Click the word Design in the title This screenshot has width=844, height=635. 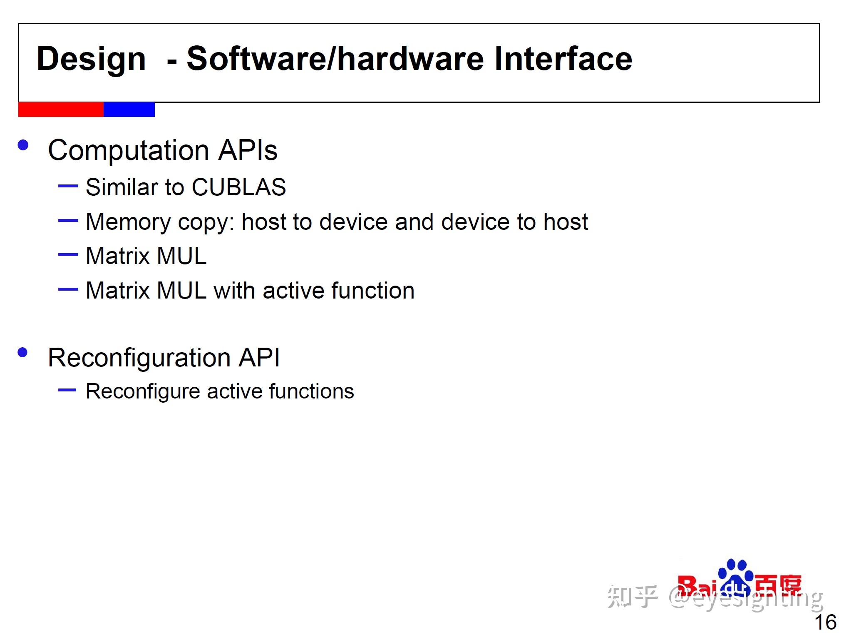click(91, 60)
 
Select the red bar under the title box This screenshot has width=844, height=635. click(61, 110)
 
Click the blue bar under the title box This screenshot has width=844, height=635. click(129, 110)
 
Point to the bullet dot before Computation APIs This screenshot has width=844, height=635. click(23, 145)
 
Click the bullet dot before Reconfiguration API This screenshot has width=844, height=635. click(23, 353)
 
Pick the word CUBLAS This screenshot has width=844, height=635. click(239, 187)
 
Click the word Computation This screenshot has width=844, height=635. click(129, 151)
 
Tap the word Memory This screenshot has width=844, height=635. click(128, 222)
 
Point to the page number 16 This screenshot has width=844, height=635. click(826, 623)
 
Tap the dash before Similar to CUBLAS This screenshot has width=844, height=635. click(68, 186)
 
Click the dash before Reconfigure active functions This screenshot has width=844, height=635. click(67, 390)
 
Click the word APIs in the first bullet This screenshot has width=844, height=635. click(248, 150)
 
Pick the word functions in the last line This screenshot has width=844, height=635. click(312, 391)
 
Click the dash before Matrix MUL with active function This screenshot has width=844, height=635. click(68, 289)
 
